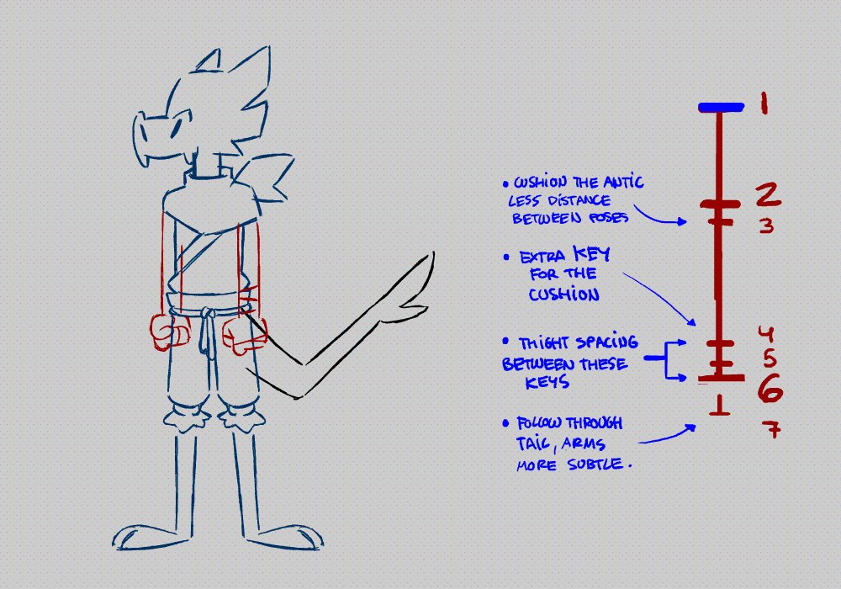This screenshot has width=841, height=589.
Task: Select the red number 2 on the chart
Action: pos(766,195)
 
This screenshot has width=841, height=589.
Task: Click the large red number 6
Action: pos(771,389)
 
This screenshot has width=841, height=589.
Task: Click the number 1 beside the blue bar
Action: pos(763,104)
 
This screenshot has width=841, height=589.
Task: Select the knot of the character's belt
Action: pos(204,316)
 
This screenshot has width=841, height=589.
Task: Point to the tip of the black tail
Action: pos(435,252)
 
